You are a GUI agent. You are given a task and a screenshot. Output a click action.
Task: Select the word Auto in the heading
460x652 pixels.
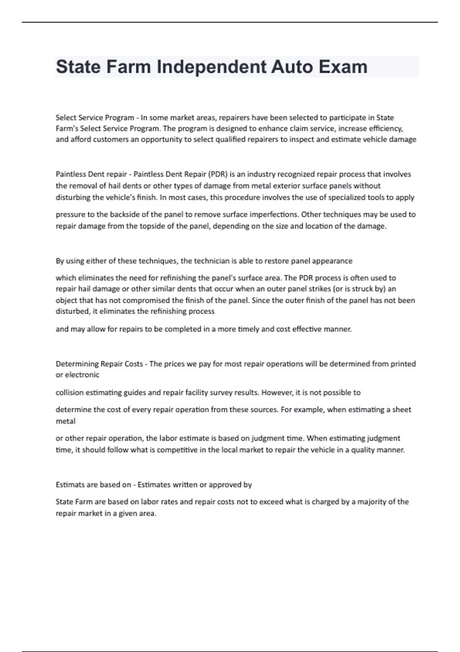(x=292, y=67)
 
